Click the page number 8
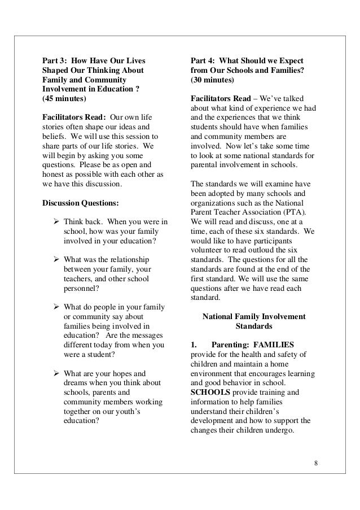tap(316, 465)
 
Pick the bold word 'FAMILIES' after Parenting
tap(273, 344)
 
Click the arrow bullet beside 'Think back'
tap(56, 222)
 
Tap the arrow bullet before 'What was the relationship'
tap(56, 260)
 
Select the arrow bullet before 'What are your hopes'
tap(56, 373)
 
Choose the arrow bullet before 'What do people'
tap(56, 307)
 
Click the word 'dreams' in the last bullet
tap(78, 383)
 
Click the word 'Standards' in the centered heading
tap(253, 326)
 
